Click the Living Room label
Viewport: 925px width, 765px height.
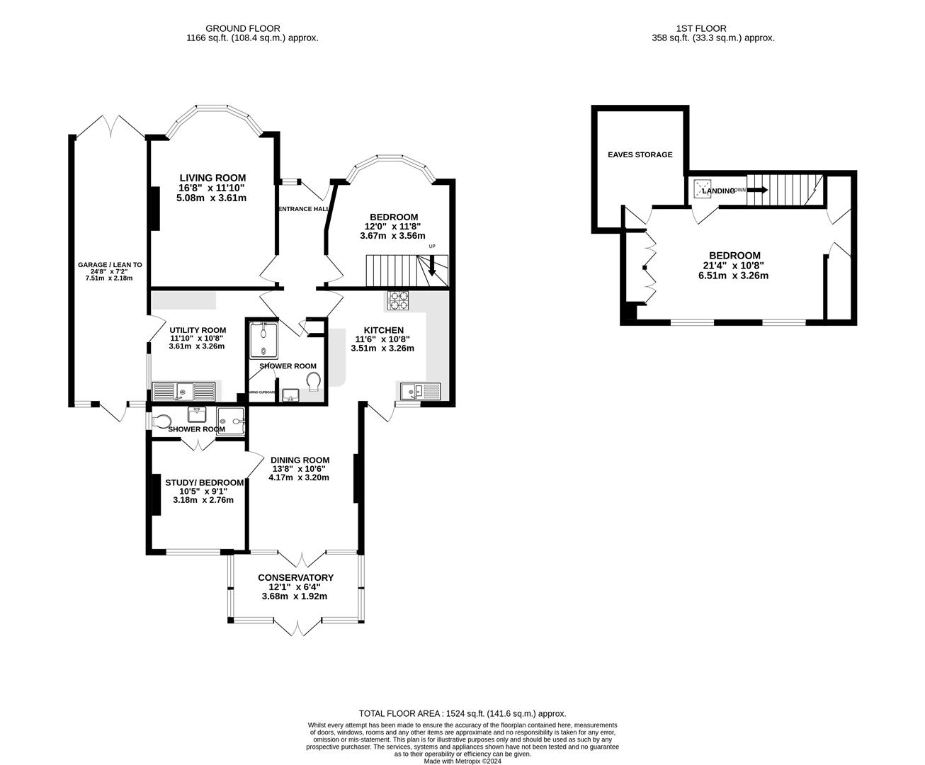click(212, 178)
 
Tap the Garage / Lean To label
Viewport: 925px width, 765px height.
click(110, 265)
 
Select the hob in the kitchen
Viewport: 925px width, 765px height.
click(397, 301)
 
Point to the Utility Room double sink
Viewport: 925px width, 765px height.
click(183, 390)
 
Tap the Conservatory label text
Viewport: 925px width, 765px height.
click(295, 577)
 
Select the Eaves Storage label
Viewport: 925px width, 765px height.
click(640, 154)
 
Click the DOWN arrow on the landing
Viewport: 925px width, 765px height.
click(759, 190)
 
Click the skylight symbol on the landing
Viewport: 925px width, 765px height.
click(703, 189)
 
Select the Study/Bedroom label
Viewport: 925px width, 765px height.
click(204, 482)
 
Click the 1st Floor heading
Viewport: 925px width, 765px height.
click(713, 28)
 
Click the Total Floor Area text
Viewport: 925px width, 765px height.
click(462, 714)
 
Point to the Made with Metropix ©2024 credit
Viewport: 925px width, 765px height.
click(462, 761)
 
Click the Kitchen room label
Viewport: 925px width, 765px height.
click(383, 330)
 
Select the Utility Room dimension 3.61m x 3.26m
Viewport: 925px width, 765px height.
click(197, 346)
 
